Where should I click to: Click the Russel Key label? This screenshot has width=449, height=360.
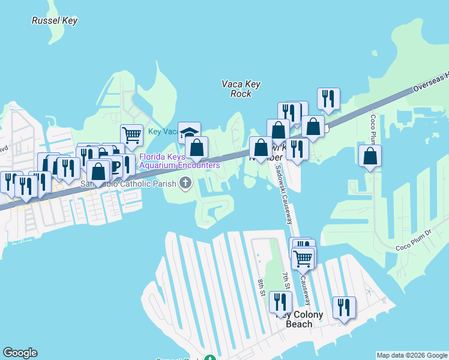[x=55, y=21]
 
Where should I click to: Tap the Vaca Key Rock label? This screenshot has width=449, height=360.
[x=241, y=89]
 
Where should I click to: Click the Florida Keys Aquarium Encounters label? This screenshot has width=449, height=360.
[x=179, y=161]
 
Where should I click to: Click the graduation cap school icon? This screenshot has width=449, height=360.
[x=189, y=133]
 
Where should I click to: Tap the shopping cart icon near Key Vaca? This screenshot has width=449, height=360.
[x=131, y=135]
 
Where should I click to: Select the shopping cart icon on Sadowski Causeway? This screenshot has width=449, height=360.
[x=304, y=259]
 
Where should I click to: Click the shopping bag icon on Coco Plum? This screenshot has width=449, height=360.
[x=370, y=156]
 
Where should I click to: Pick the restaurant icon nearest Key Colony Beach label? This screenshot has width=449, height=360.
[x=280, y=302]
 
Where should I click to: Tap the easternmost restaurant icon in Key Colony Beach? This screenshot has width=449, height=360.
[x=344, y=308]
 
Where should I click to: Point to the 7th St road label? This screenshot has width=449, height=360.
[x=286, y=281]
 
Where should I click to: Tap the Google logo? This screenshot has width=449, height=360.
[x=20, y=353]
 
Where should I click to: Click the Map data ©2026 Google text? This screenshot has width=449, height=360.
[x=412, y=355]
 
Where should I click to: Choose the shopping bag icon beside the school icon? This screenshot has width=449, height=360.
[x=196, y=148]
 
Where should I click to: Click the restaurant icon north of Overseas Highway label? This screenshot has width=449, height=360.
[x=328, y=99]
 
